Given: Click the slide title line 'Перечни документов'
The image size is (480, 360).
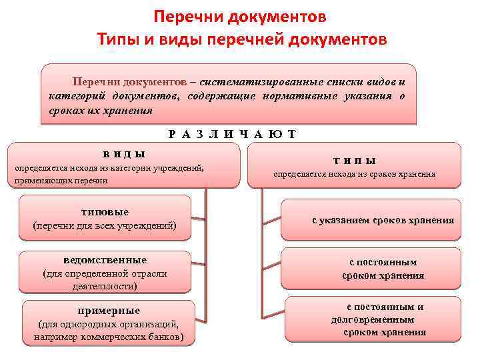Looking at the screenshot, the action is pyautogui.click(x=240, y=16).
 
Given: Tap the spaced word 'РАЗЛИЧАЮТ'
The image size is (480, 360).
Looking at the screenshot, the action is pyautogui.click(x=232, y=134).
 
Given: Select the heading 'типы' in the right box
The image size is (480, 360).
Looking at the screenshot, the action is pyautogui.click(x=355, y=161).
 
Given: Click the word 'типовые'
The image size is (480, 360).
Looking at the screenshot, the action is pyautogui.click(x=105, y=212).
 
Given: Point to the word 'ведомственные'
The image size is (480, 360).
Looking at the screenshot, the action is pyautogui.click(x=105, y=260).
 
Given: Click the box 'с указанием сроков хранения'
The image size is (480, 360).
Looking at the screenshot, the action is pyautogui.click(x=383, y=221).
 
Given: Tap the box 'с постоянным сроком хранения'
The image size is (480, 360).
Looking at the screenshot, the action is pyautogui.click(x=383, y=269).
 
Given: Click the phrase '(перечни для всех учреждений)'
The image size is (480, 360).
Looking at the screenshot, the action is pyautogui.click(x=105, y=226).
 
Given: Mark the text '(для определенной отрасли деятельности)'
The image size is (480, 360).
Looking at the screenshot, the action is pyautogui.click(x=105, y=280).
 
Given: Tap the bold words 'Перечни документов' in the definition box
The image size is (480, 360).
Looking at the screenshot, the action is pyautogui.click(x=130, y=81).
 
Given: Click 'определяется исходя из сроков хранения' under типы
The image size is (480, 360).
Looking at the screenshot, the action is pyautogui.click(x=355, y=175).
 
